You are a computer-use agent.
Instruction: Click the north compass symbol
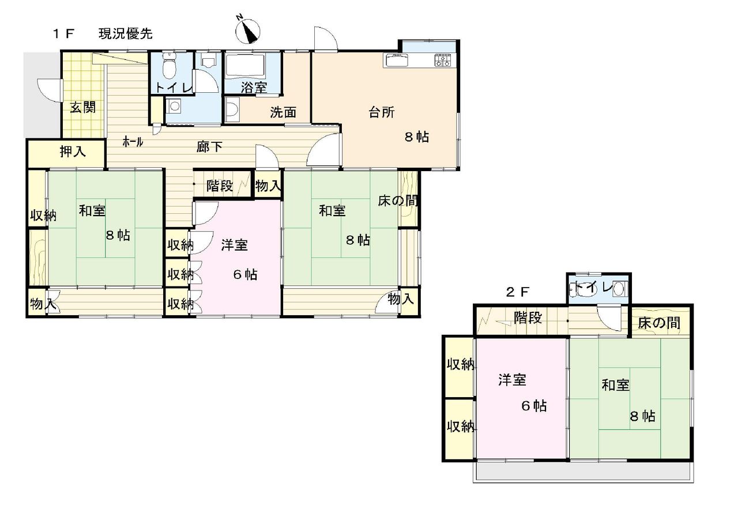click(x=248, y=32)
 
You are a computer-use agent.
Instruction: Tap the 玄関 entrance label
click(x=82, y=107)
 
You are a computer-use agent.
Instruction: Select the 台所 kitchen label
click(x=381, y=112)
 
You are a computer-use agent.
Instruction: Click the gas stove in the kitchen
click(x=443, y=59)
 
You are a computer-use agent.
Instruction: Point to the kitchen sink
click(x=396, y=60)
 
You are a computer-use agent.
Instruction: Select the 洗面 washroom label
click(x=283, y=112)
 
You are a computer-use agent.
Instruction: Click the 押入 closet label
click(x=73, y=152)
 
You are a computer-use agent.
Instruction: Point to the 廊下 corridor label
click(x=209, y=147)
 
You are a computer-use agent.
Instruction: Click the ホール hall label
click(x=133, y=142)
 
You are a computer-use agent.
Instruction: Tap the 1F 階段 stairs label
click(x=220, y=186)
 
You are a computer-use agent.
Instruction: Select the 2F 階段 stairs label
click(x=528, y=318)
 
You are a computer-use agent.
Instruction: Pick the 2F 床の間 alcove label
click(x=659, y=323)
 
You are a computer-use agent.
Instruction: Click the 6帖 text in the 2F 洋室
click(x=534, y=406)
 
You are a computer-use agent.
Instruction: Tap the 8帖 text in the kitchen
click(x=417, y=137)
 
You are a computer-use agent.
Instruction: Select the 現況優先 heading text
click(x=126, y=34)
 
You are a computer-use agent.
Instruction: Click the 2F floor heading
click(x=518, y=292)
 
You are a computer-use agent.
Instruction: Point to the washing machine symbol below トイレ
click(x=174, y=106)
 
